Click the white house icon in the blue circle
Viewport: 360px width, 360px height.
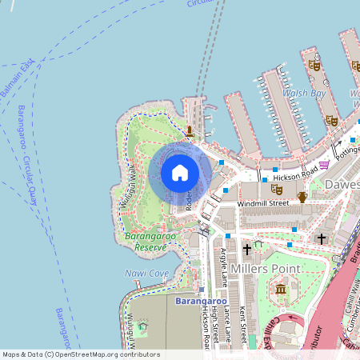(x=179, y=173)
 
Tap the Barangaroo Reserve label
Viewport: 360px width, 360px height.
(x=145, y=242)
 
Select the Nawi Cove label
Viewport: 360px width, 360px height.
(x=146, y=274)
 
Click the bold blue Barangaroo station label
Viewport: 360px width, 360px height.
(x=197, y=302)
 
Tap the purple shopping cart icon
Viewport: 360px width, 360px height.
(x=324, y=165)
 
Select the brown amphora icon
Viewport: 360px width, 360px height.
(x=302, y=196)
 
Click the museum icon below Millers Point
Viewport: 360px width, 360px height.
(x=281, y=288)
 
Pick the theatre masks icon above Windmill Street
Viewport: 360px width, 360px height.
(x=277, y=189)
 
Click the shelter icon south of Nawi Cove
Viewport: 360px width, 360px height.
(x=143, y=326)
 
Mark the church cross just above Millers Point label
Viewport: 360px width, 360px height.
(x=247, y=250)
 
